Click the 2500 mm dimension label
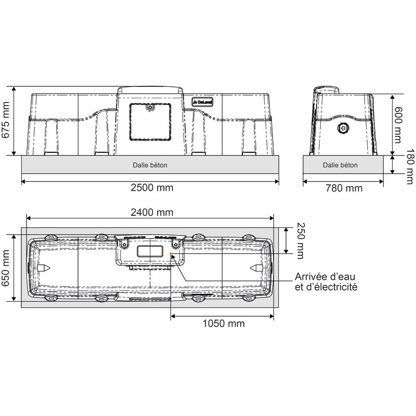click(151, 188)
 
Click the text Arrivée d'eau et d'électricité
click(326, 281)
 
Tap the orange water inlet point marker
click(171, 254)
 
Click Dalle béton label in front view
click(150, 165)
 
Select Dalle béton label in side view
click(340, 165)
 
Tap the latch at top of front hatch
click(150, 107)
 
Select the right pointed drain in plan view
click(257, 267)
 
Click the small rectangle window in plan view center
click(150, 252)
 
